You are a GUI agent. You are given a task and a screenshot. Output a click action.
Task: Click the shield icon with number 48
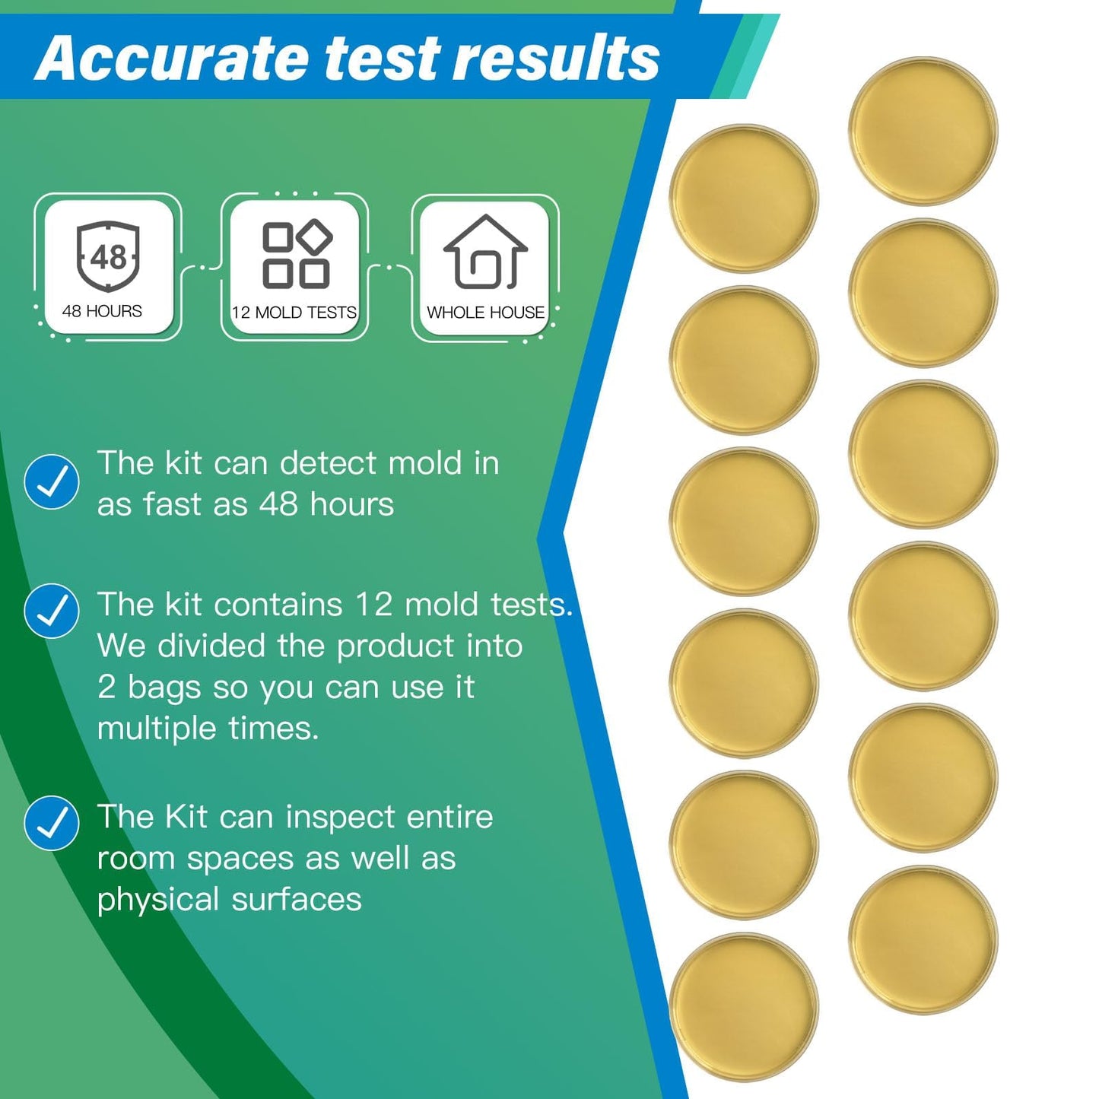(x=108, y=256)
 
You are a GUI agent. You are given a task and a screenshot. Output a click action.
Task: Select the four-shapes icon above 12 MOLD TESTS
(x=296, y=255)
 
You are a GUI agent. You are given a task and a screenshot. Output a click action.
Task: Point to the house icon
(x=485, y=253)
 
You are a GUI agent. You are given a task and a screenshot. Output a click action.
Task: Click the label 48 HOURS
(x=102, y=311)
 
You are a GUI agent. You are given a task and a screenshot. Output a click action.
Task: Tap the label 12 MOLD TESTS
(x=294, y=313)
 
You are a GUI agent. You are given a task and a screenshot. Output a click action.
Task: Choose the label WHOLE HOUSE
(x=485, y=313)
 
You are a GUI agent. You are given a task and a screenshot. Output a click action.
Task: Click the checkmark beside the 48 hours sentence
(x=52, y=482)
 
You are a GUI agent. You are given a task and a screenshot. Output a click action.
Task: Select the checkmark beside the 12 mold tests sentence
(x=52, y=611)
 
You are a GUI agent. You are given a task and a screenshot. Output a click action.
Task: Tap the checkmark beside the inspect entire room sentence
(x=52, y=823)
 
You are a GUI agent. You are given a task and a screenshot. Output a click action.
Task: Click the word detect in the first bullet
(x=329, y=463)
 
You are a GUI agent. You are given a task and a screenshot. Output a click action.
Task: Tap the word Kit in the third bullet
(x=186, y=817)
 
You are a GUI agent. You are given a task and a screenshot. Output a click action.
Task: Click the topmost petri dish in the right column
(x=923, y=131)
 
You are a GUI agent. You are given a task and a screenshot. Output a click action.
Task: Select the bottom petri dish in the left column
(x=743, y=1006)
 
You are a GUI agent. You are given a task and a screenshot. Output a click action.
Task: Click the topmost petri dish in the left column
(x=743, y=198)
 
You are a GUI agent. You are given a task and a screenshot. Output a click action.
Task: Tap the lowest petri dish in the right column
(x=923, y=939)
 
